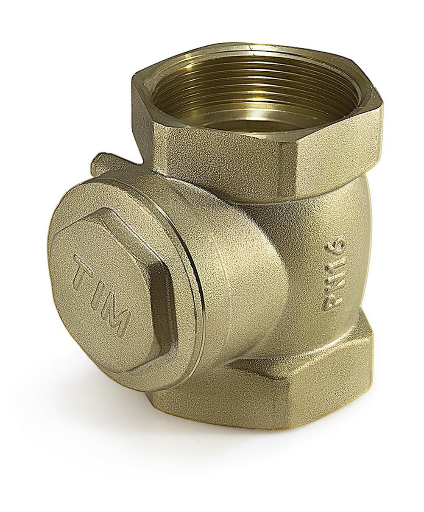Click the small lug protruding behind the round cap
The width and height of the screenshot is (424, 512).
point(108,162)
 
